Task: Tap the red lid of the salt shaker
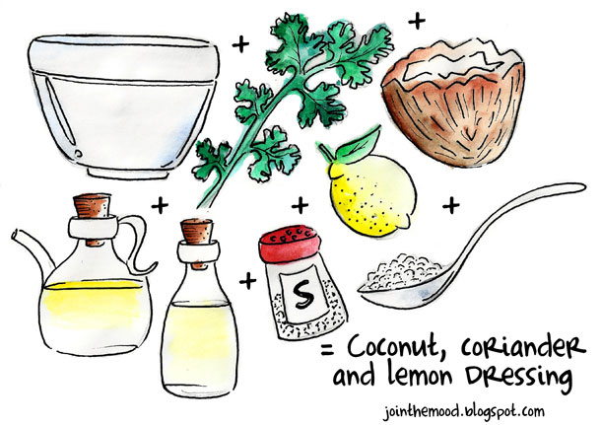click(290, 244)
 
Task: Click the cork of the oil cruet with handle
click(92, 206)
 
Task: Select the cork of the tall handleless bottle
click(197, 232)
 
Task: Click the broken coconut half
click(454, 104)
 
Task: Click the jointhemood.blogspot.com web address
click(464, 412)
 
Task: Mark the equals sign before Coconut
click(327, 350)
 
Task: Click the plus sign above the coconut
click(417, 21)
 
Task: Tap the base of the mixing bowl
click(128, 171)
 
